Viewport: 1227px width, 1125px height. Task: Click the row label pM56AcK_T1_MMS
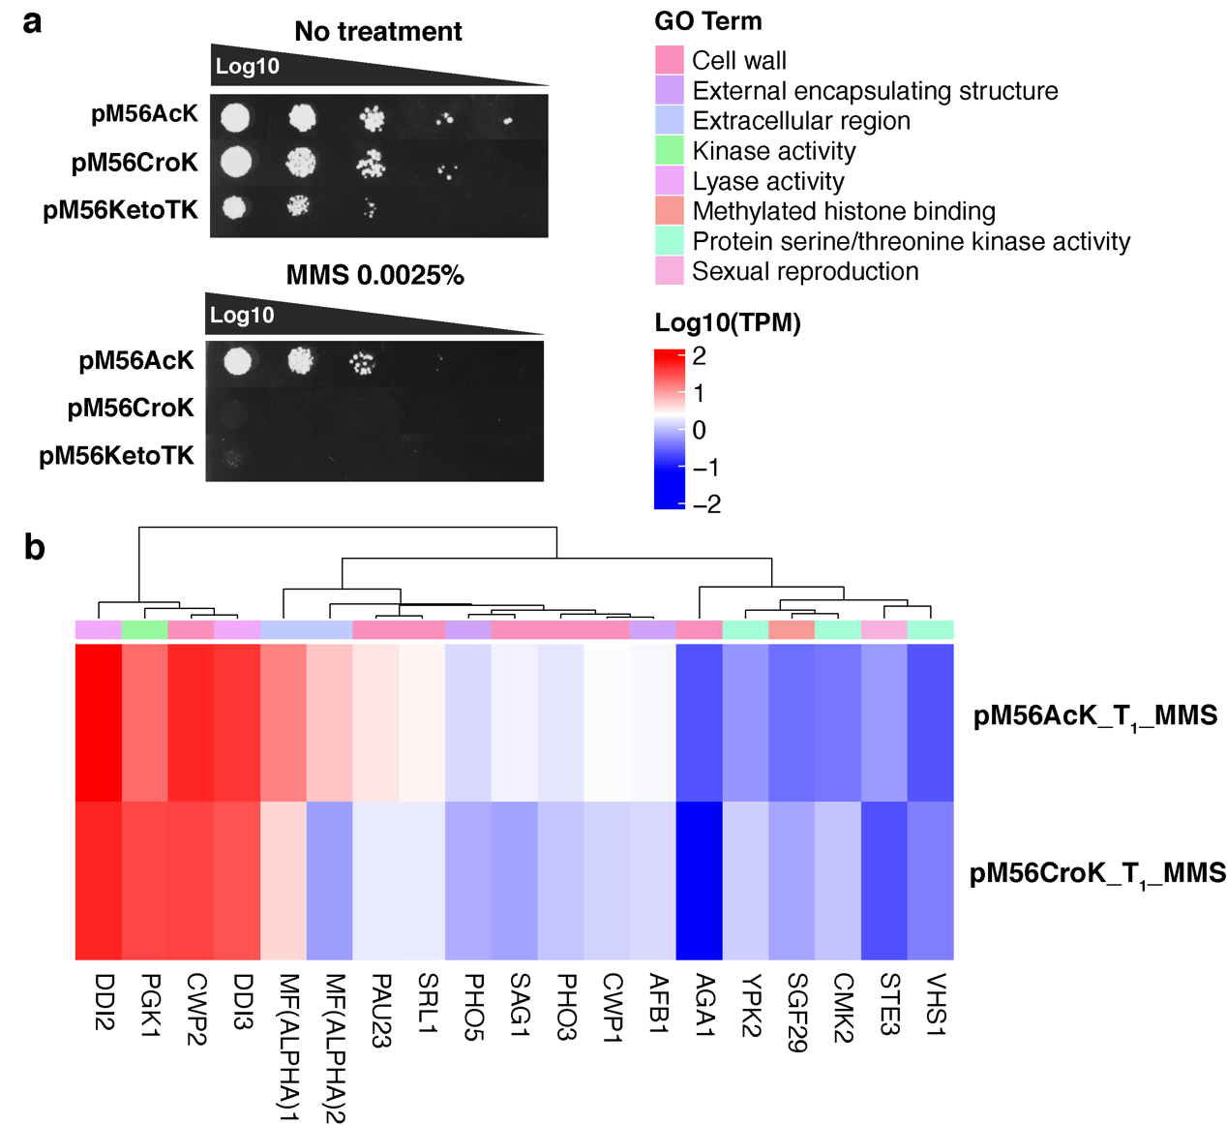(x=1094, y=716)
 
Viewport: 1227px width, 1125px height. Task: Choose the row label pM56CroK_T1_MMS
(x=1097, y=873)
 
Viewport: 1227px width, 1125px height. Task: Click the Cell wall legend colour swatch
(x=670, y=60)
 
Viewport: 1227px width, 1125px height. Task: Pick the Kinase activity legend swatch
(x=670, y=151)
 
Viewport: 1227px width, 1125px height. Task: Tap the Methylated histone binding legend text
(x=844, y=211)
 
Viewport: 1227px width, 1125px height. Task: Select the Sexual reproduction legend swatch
(x=670, y=271)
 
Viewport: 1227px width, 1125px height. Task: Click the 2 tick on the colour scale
(x=700, y=356)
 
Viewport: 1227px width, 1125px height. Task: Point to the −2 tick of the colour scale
(x=706, y=503)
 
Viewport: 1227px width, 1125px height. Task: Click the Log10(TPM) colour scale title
(x=728, y=322)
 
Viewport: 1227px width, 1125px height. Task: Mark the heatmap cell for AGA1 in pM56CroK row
(x=699, y=880)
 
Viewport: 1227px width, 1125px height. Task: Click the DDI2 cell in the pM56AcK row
(x=99, y=722)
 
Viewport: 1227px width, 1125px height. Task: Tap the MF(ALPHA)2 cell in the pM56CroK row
(x=329, y=880)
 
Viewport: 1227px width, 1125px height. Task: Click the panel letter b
(x=34, y=548)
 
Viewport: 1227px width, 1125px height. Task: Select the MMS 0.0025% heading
(x=374, y=275)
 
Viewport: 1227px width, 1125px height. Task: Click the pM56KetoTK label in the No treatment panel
(x=121, y=209)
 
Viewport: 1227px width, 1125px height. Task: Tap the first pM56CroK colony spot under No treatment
(x=236, y=162)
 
